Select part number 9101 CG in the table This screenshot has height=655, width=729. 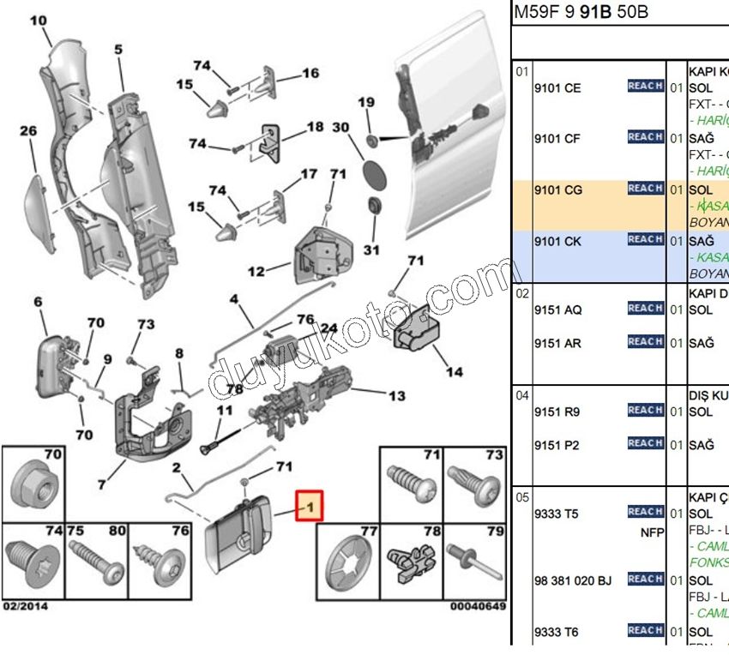(x=557, y=189)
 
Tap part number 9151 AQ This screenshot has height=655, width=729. (x=557, y=309)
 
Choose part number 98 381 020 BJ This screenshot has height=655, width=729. (x=573, y=580)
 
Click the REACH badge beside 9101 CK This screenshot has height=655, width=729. (x=645, y=239)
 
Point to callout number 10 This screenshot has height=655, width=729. (x=39, y=20)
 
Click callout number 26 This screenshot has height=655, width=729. (x=28, y=131)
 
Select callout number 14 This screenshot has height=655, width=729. (x=455, y=372)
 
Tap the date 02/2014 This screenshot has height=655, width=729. (x=25, y=606)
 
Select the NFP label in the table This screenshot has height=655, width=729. (x=653, y=531)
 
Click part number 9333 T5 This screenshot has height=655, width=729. (x=557, y=514)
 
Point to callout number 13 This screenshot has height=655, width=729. (x=397, y=395)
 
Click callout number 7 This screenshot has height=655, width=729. (x=101, y=485)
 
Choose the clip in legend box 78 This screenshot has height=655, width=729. (x=410, y=562)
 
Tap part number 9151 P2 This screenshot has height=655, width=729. (x=557, y=445)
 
